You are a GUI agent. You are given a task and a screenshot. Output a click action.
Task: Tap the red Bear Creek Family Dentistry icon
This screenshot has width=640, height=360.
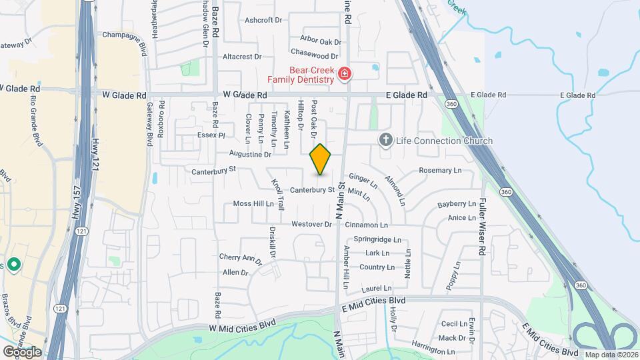coord(345,73)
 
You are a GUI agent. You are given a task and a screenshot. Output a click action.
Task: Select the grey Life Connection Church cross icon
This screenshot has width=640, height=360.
coord(385,141)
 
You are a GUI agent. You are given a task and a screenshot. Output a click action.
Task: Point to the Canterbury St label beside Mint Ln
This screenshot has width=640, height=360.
coord(312,189)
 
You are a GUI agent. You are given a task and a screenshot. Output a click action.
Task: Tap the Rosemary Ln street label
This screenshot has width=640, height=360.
coord(440,171)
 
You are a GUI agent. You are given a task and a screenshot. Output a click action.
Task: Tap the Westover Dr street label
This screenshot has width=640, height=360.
coord(312,225)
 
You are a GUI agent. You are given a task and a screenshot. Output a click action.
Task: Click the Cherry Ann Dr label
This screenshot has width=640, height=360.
coord(237,257)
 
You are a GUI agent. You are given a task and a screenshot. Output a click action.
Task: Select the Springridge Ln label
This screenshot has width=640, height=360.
coord(377,239)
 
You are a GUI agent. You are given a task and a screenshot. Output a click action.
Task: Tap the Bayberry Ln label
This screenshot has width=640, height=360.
coord(457,204)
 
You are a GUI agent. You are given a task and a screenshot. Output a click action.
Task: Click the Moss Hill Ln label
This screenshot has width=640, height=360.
coord(253,204)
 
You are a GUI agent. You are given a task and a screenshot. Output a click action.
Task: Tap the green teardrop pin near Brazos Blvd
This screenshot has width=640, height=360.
coord(14,265)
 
